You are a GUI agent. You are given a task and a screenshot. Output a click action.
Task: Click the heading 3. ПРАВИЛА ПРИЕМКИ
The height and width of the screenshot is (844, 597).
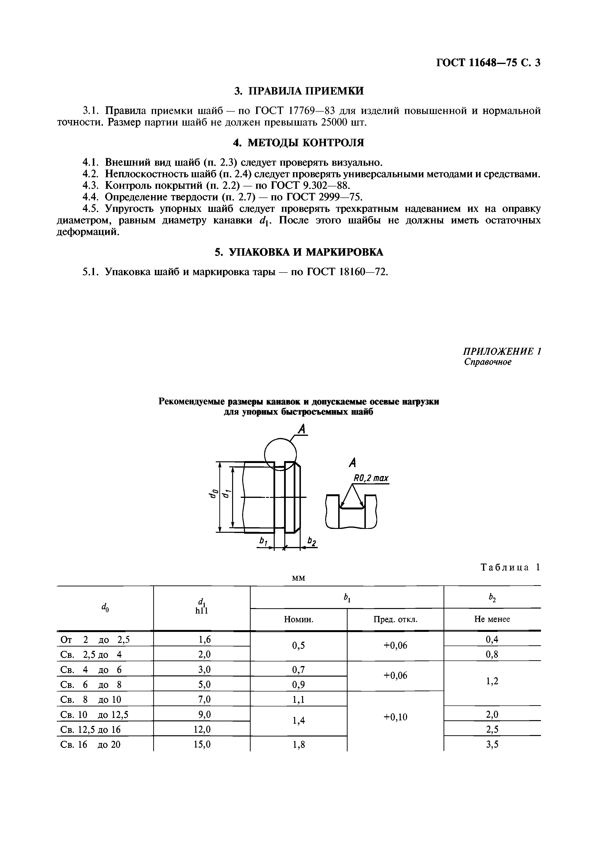pyautogui.click(x=299, y=91)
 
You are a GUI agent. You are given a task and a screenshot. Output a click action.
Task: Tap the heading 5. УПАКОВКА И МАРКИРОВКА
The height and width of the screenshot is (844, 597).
pyautogui.click(x=299, y=252)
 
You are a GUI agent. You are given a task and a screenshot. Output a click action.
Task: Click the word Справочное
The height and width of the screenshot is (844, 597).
pyautogui.click(x=488, y=362)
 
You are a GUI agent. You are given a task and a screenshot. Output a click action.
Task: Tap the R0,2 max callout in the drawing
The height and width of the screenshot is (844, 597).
pyautogui.click(x=371, y=478)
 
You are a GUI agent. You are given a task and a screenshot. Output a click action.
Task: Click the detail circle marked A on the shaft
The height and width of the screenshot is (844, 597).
pyautogui.click(x=280, y=454)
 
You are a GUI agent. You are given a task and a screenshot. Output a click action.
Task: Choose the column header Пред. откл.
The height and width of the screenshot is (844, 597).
pyautogui.click(x=395, y=619)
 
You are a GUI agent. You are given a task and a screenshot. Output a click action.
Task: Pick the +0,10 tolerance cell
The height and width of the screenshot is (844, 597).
pyautogui.click(x=395, y=717)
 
